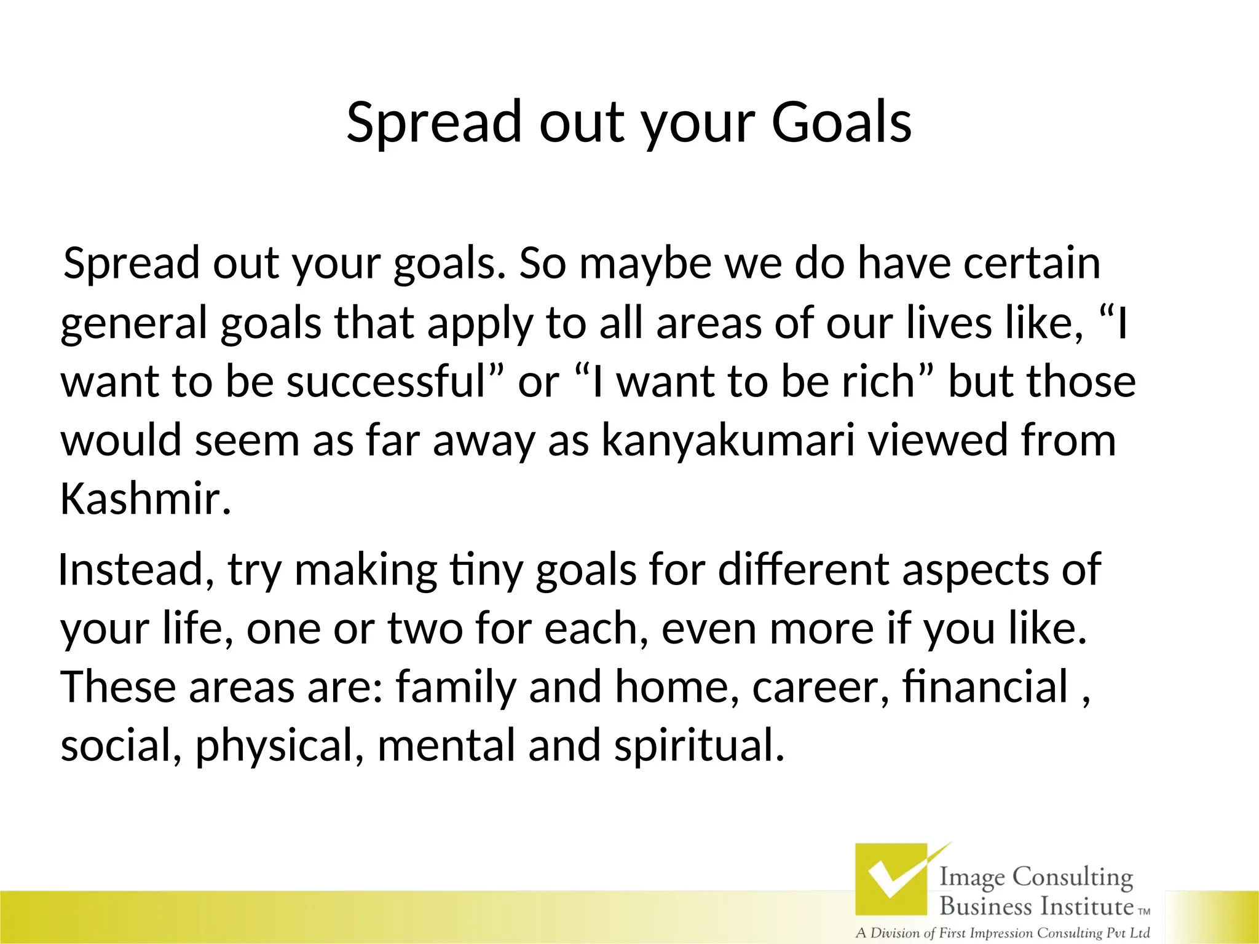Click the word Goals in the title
pyautogui.click(x=841, y=122)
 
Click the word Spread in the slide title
pyautogui.click(x=434, y=122)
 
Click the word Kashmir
pyautogui.click(x=145, y=499)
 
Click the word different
pyautogui.click(x=803, y=569)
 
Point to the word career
pyautogui.click(x=821, y=687)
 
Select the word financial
pyautogui.click(x=986, y=687)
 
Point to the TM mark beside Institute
pyautogui.click(x=1144, y=912)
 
